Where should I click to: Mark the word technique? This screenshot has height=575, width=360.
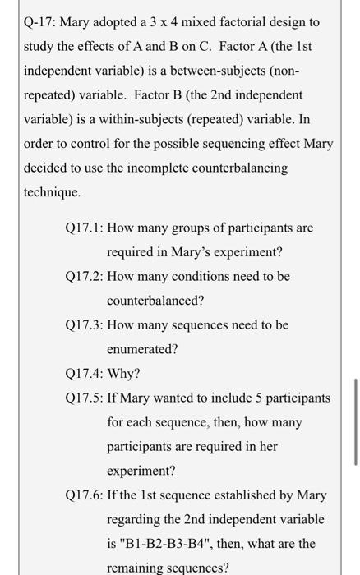(52, 192)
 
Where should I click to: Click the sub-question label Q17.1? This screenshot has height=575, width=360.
(83, 227)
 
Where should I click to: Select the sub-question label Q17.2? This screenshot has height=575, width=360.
(83, 276)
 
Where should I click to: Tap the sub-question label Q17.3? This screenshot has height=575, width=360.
(83, 325)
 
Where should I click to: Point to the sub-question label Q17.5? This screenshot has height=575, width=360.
(83, 398)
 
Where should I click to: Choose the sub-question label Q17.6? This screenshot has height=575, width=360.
(83, 495)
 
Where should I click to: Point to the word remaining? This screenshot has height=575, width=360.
(136, 568)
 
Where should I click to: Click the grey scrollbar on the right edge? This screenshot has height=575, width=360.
(355, 422)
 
